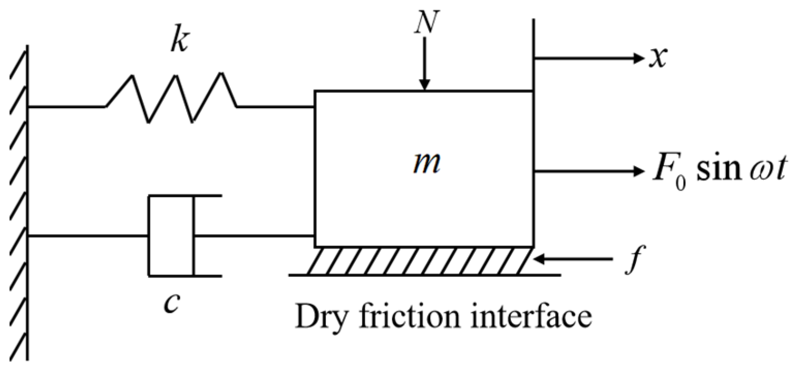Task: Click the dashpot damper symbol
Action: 172,236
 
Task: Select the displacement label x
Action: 657,58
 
